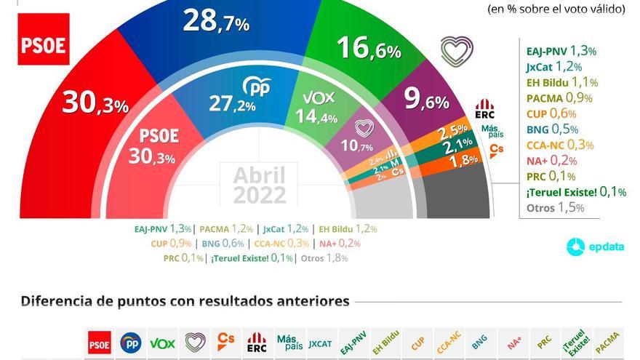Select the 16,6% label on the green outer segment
tap(369, 49)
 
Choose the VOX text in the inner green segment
tap(318, 96)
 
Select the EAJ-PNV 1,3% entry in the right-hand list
tap(561, 51)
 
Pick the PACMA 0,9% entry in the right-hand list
tap(559, 97)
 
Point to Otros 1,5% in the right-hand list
tap(555, 207)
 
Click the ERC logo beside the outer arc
tap(484, 109)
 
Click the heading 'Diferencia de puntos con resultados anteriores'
tap(185, 301)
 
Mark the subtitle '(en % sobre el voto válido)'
tap(556, 9)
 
